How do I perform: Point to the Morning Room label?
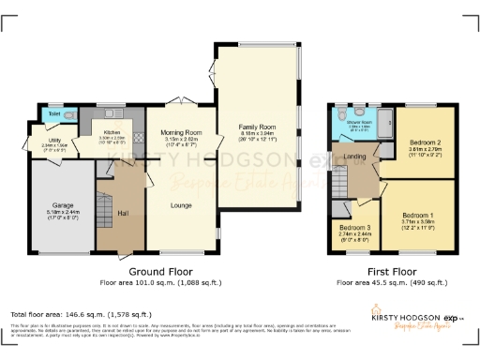pyautogui.click(x=180, y=133)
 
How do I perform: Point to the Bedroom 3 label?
pyautogui.click(x=354, y=228)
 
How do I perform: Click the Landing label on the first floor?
pyautogui.click(x=354, y=157)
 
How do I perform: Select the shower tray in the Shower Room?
pyautogui.click(x=382, y=121)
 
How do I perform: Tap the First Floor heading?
pyautogui.click(x=392, y=268)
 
